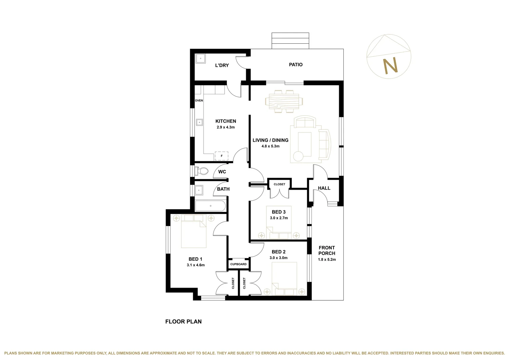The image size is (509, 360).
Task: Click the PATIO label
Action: (x=295, y=65)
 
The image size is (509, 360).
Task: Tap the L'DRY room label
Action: (x=222, y=65)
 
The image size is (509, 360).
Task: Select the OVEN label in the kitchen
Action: (x=199, y=100)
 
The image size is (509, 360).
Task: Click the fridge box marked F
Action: (x=222, y=156)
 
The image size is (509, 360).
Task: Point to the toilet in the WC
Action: (x=202, y=171)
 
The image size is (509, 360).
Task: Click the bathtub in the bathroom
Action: (x=211, y=206)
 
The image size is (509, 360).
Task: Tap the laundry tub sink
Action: (x=201, y=59)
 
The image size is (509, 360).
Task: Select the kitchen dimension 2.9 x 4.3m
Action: (x=226, y=127)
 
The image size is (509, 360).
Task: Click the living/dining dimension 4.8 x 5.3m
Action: (x=270, y=146)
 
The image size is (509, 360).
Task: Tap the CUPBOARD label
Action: (x=239, y=264)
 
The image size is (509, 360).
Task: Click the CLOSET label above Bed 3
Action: (x=279, y=184)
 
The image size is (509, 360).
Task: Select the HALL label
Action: (x=324, y=188)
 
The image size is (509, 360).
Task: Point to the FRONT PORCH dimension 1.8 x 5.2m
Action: (x=327, y=259)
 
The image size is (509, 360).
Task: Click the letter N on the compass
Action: (x=390, y=66)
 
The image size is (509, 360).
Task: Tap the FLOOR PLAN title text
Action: (x=184, y=322)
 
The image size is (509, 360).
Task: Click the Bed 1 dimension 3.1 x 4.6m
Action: (x=196, y=265)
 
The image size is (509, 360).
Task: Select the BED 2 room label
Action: (x=278, y=252)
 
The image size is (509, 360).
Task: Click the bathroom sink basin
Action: (x=199, y=190)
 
